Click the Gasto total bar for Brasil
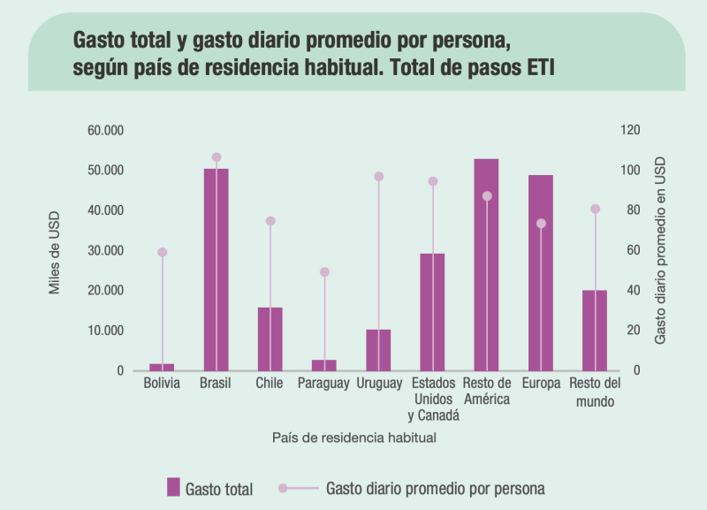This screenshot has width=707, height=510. [x=217, y=270]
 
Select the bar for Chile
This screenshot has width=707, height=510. [x=270, y=339]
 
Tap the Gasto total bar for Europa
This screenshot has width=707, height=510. [x=541, y=272]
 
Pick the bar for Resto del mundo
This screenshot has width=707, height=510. [x=595, y=330]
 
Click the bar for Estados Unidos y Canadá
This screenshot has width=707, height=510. [x=432, y=311]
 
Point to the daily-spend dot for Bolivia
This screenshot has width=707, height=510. [x=163, y=252]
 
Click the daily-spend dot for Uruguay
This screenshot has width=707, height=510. [x=379, y=177]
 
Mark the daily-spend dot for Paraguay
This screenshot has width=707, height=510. [x=324, y=272]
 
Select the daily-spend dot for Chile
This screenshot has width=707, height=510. [x=270, y=221]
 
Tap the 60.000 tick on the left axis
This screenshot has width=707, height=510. [x=105, y=130]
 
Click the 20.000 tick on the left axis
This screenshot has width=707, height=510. [x=105, y=290]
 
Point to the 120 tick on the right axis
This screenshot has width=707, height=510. [x=629, y=130]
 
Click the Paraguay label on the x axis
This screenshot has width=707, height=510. [x=323, y=384]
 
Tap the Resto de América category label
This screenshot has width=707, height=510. [x=487, y=392]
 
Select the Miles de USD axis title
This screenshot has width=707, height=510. [x=55, y=251]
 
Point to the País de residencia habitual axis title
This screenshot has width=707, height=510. [x=354, y=437]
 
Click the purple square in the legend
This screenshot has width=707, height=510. [x=173, y=487]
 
